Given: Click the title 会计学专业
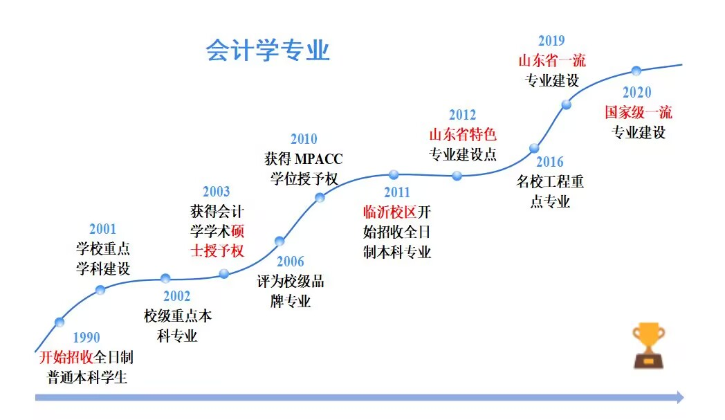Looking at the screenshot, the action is (x=267, y=50).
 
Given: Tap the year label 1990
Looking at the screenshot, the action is (x=86, y=337).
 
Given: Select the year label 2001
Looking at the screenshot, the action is (x=102, y=228).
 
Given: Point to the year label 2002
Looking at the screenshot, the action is (x=176, y=295).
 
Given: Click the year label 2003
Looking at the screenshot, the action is (x=217, y=191).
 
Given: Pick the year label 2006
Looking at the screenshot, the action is (x=291, y=262).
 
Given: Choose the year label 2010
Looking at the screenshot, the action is (x=304, y=139).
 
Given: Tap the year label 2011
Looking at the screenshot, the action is (x=397, y=192).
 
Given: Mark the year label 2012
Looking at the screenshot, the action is (x=462, y=114).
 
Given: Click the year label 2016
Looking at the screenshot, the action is (x=550, y=161).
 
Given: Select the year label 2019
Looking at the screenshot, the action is (x=551, y=41).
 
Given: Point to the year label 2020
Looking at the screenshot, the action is (x=637, y=92).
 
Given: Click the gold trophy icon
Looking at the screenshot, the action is (x=648, y=345).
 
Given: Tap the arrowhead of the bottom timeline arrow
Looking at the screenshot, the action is (x=681, y=397).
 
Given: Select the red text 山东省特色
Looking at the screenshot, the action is (x=463, y=135).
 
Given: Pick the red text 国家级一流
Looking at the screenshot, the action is (x=639, y=112).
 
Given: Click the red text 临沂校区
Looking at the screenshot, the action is (x=390, y=212).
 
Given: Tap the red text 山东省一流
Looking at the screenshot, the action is (x=552, y=60).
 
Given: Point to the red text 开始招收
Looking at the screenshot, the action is (x=66, y=357).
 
